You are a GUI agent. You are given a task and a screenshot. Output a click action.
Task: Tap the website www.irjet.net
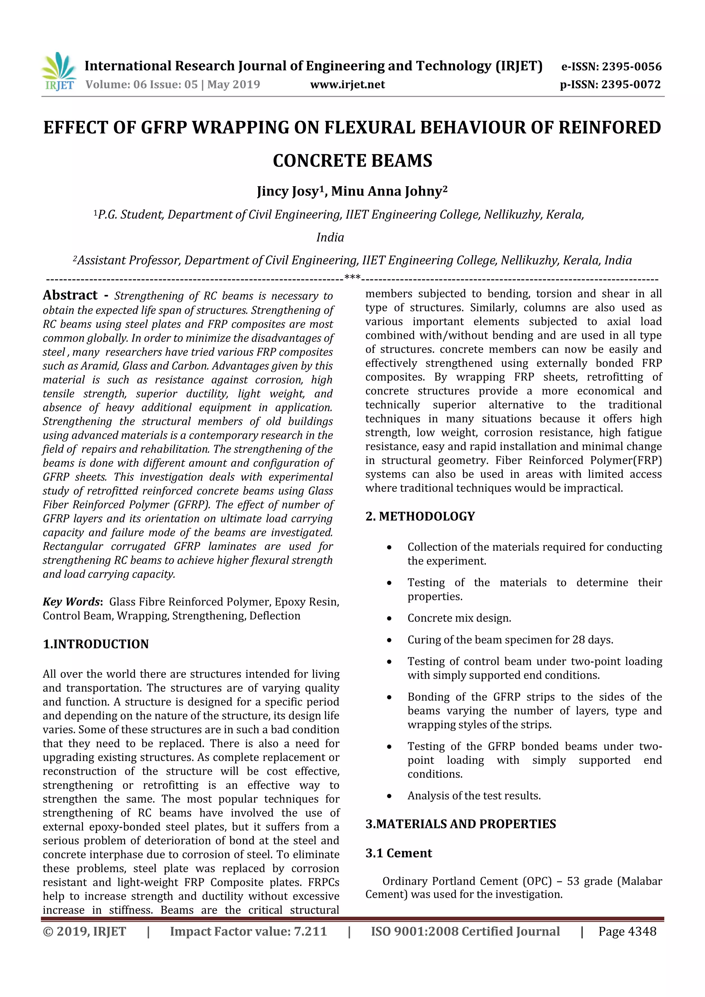347,85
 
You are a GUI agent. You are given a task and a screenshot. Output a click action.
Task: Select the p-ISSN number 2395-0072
631,85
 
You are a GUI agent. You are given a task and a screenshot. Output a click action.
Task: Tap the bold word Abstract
70,295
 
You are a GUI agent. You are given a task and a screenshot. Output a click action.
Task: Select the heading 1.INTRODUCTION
96,644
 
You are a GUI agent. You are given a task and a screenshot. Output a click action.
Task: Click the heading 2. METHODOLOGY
420,516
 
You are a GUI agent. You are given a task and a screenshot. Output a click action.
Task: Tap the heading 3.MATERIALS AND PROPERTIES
461,824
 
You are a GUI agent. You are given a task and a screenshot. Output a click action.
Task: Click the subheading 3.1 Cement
398,853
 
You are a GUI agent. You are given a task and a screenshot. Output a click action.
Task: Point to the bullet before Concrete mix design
389,619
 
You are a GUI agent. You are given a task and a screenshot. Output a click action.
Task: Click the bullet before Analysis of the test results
389,796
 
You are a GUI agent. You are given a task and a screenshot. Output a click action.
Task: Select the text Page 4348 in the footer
627,931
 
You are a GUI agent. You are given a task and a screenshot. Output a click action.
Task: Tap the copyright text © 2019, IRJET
84,931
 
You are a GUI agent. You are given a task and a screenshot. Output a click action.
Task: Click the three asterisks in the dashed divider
352,277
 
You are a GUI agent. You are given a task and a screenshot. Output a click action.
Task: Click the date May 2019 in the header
233,85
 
